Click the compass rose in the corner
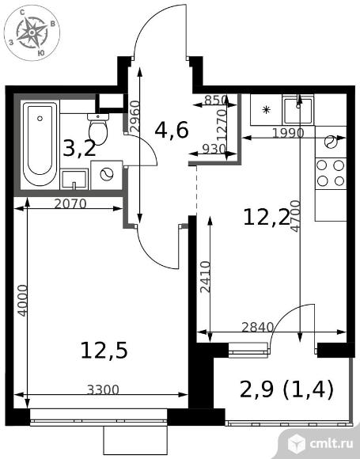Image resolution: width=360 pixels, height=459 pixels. point(32,32)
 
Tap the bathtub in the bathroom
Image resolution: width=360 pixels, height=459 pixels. point(40,143)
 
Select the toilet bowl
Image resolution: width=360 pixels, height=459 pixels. point(98,129)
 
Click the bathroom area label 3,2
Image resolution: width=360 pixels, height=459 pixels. point(79,149)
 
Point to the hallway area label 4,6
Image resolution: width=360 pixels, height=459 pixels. point(172,131)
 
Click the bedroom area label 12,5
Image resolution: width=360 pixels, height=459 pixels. point(104,351)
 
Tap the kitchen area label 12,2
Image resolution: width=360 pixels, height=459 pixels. point(267,218)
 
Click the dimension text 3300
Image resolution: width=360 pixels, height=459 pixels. point(104,389)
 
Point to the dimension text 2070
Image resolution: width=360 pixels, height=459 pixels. point(70,203)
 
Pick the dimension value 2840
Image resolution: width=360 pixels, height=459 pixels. point(258,327)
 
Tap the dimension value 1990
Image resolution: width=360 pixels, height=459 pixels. point(288,134)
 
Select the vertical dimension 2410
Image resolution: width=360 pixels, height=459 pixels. point(206,277)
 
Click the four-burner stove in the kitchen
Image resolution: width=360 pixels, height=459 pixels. point(331,173)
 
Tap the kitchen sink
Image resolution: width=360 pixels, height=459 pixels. point(298,111)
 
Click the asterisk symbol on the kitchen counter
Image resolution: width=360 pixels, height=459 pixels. point(266,110)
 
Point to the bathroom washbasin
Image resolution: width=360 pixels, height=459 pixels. point(74,179)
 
